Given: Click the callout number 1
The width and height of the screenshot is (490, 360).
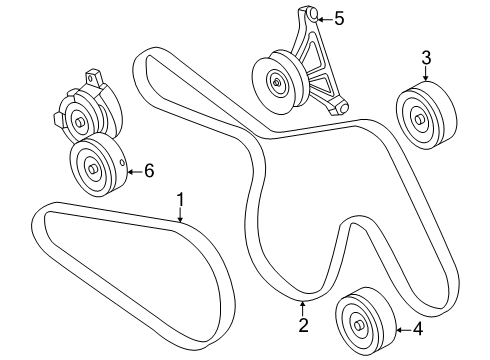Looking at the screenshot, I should click(181, 199).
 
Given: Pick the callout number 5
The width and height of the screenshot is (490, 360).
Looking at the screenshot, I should click(338, 18).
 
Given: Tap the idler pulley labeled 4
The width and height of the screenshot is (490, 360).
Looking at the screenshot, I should click(362, 323).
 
